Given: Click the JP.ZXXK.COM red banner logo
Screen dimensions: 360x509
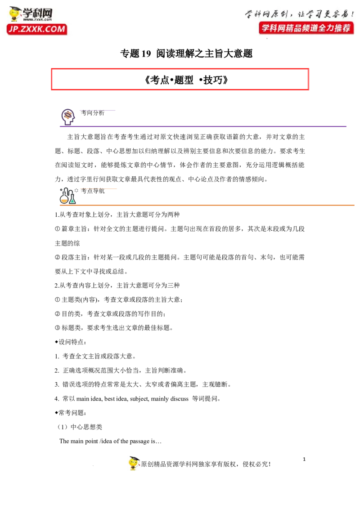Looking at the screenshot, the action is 37,29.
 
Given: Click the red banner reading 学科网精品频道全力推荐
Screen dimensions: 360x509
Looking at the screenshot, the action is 306,28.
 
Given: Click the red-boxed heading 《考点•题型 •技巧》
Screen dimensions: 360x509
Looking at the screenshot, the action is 186,80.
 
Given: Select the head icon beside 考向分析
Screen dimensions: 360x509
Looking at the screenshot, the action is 68,117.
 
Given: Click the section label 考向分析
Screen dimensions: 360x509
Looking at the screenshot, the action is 93,113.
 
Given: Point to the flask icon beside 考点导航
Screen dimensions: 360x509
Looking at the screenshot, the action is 67,196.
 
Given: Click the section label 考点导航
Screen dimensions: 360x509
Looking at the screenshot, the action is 93,191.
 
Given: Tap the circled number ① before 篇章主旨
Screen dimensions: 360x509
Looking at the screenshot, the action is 57,229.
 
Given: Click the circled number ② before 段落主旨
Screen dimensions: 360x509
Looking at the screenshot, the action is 57,257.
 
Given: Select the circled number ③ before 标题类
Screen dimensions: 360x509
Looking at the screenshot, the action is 57,328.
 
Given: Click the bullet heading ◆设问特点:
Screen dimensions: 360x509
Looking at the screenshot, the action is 71,342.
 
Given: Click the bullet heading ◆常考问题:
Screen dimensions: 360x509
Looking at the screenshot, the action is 71,413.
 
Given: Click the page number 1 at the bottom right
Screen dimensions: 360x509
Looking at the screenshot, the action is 304,459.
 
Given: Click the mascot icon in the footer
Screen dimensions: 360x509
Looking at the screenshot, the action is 134,463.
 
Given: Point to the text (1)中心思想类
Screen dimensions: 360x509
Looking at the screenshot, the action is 80,427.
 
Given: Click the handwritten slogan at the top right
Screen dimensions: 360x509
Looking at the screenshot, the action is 299,13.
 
